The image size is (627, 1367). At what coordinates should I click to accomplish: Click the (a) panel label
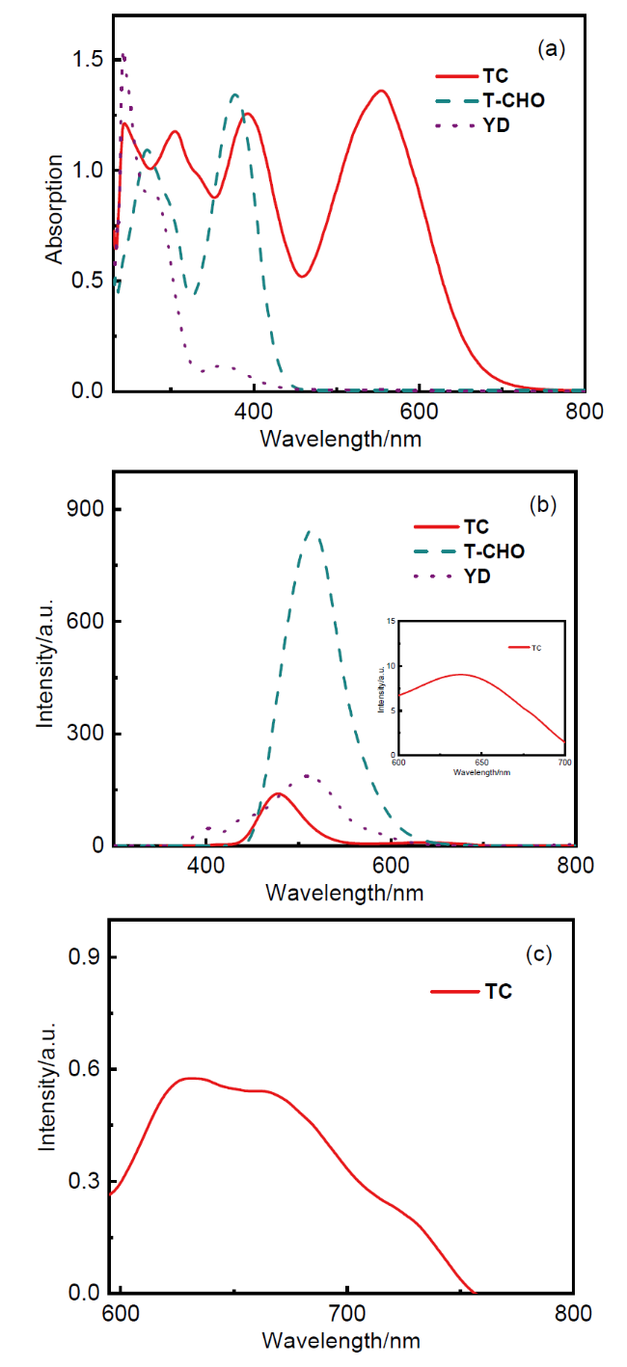pos(552,48)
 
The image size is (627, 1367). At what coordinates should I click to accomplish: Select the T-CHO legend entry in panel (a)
pos(490,100)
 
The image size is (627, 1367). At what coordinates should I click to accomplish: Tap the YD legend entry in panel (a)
pos(472,125)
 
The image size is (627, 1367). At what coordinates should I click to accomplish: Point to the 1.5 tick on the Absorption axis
pos(88,59)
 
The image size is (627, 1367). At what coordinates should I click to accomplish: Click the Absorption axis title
pos(54,208)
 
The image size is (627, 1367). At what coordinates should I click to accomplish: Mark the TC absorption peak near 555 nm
pos(382,91)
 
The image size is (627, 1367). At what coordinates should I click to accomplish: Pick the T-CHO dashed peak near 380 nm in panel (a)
pos(234,94)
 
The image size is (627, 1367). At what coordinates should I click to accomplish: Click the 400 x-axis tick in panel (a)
pos(253,411)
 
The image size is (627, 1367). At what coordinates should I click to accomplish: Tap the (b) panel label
pos(543,504)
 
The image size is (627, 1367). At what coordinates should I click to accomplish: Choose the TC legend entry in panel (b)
pos(451,526)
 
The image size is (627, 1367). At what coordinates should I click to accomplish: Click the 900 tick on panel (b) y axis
pos(86,508)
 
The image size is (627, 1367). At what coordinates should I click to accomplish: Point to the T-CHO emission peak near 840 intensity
pos(311,531)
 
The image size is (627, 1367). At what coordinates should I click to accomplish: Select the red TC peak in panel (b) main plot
pos(279,793)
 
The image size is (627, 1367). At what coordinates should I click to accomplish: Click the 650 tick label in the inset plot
pos(481,763)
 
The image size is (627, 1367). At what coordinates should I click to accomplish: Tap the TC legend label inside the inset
pos(536,648)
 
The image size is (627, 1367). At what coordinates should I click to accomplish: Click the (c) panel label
pos(538,953)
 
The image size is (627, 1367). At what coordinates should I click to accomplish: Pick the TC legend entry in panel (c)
pos(472,991)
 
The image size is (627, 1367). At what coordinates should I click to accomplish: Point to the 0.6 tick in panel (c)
pos(85,1068)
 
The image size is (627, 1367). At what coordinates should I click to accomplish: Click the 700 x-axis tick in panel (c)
pos(346,1312)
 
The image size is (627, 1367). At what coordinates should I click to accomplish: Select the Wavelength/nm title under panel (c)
pos(341,1340)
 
